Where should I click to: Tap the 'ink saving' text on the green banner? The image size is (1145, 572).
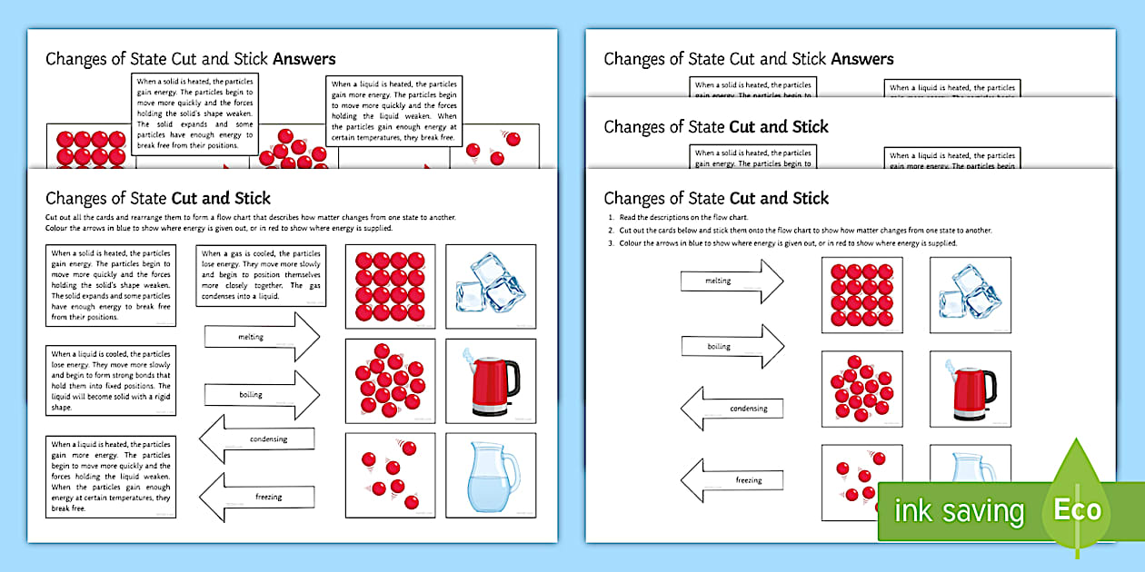coord(959,511)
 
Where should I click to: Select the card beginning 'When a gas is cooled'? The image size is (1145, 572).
coord(261,276)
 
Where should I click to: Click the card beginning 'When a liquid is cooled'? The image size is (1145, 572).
coord(111,380)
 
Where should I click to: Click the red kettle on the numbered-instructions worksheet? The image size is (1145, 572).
coord(970,389)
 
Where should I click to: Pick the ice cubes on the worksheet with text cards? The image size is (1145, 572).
coord(492,286)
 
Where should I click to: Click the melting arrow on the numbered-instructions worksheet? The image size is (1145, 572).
coord(732,281)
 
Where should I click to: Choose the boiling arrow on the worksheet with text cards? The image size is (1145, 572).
coord(262,395)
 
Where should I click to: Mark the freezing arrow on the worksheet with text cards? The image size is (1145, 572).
coord(258,497)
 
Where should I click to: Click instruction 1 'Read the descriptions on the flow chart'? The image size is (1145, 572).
coord(691,219)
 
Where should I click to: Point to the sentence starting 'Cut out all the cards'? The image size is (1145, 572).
coord(250,218)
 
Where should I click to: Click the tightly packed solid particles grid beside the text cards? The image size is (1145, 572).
coord(390,286)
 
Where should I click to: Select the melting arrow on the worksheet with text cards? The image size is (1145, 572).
coord(262,337)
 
